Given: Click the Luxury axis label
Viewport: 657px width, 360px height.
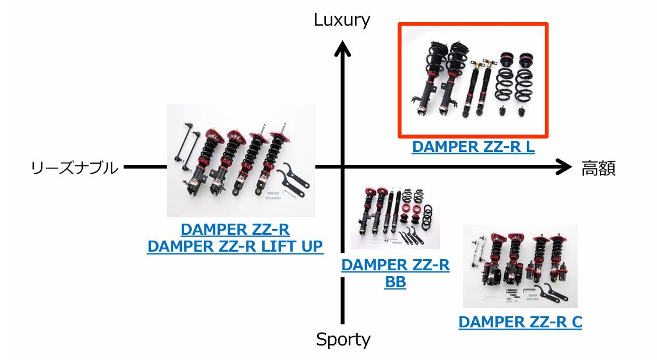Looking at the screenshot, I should point(342,20).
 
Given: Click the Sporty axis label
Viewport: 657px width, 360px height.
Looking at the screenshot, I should point(343,339).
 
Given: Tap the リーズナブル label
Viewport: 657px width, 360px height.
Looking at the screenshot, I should point(74,168).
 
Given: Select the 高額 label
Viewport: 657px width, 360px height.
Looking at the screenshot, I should point(599,168).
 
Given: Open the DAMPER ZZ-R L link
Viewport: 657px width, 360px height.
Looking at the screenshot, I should point(473,147).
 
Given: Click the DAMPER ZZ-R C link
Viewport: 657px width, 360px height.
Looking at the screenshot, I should point(520,322).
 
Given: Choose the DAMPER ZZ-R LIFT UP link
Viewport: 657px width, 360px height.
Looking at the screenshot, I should point(234,246).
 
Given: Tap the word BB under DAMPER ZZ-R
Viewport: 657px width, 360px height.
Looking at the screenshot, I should point(395,283).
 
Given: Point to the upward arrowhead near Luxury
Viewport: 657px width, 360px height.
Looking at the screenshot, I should point(343,50).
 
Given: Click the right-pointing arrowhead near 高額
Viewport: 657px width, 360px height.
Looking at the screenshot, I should point(564,167).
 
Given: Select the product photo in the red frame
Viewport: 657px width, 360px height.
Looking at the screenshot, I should point(473,80).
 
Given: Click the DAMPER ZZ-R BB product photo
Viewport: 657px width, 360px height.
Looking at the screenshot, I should point(395,217).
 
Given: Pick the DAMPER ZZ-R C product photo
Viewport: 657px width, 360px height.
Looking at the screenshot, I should point(520,266).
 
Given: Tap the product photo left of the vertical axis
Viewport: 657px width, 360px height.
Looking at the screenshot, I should point(241,161).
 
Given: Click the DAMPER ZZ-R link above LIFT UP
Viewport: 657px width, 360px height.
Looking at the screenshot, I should point(235,229).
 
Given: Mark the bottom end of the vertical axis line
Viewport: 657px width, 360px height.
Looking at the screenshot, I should point(343,322).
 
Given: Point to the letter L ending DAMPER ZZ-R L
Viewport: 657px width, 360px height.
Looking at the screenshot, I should point(529,147).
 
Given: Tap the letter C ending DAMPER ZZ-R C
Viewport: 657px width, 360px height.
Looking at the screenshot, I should point(576,322).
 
